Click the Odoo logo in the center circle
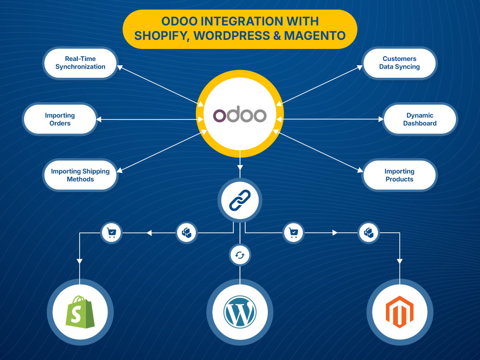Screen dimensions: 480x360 240,115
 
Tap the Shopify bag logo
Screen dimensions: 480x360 80,312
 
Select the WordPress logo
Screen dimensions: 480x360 240,312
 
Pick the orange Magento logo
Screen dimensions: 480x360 399,312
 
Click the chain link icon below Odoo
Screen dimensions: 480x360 240,200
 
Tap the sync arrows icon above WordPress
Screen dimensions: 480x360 240,255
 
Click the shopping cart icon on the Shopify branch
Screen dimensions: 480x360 111,233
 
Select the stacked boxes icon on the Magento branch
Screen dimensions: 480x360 369,233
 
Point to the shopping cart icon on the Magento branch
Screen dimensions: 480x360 294,233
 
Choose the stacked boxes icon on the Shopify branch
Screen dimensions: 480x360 187,233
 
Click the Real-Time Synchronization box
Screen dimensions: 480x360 80,63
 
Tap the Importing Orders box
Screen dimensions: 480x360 60,120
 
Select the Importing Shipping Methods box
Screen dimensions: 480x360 80,175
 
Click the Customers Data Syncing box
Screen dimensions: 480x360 399,63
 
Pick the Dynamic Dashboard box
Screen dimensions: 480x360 420,120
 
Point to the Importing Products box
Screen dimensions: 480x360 399,175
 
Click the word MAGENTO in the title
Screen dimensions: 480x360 315,36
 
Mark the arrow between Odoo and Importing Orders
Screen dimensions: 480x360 150,120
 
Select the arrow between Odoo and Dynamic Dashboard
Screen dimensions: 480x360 330,120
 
